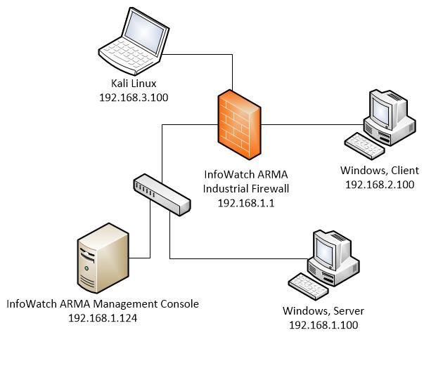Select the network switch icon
pyautogui.click(x=161, y=196)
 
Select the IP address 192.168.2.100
pyautogui.click(x=379, y=185)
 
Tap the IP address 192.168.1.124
pyautogui.click(x=102, y=317)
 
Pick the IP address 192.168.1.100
pyautogui.click(x=323, y=325)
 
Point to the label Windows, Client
pyautogui.click(x=379, y=171)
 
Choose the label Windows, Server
pyautogui.click(x=323, y=311)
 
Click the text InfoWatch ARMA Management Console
pyautogui.click(x=102, y=304)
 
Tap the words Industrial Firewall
pyautogui.click(x=245, y=188)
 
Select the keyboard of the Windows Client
pyautogui.click(x=364, y=144)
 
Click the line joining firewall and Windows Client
pyautogui.click(x=309, y=125)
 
